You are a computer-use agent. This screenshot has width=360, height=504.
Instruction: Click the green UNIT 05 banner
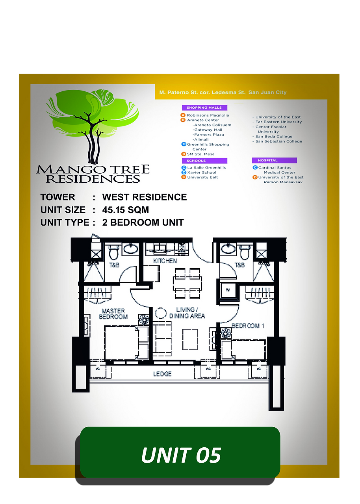click(x=180, y=454)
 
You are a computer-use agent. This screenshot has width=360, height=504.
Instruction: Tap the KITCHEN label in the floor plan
click(x=165, y=261)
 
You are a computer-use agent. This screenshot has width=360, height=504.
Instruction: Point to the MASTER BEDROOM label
click(x=113, y=314)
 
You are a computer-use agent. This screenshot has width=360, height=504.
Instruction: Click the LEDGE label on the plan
click(x=162, y=373)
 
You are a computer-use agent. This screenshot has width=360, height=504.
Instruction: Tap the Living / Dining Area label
click(x=187, y=313)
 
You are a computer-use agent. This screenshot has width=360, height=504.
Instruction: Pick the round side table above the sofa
click(x=161, y=313)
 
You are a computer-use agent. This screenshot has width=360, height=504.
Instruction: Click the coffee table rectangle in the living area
click(x=190, y=339)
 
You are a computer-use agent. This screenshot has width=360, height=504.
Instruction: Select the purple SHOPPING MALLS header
click(x=204, y=107)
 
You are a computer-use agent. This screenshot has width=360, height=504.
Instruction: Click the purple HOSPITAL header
click(x=274, y=160)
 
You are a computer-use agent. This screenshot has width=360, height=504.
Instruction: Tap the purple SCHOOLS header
click(x=204, y=161)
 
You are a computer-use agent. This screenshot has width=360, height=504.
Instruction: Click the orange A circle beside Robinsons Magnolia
click(x=183, y=115)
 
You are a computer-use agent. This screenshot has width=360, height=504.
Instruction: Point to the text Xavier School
click(x=202, y=172)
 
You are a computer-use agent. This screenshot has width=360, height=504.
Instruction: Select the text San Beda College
click(x=273, y=137)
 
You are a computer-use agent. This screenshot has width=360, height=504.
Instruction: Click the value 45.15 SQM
click(x=125, y=210)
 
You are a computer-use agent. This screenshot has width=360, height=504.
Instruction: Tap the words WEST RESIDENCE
click(x=144, y=197)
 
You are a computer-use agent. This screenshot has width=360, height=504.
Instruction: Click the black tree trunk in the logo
click(x=93, y=142)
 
